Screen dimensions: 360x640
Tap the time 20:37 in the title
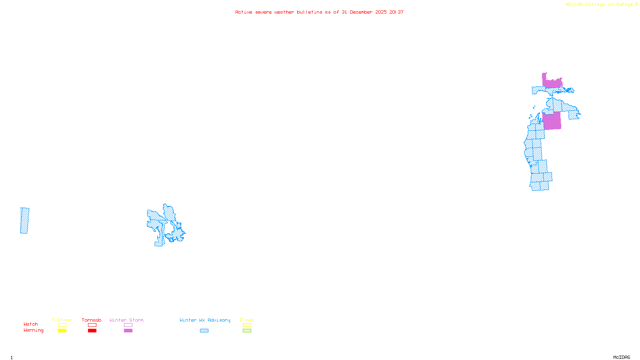396,12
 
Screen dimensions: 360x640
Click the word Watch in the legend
31,324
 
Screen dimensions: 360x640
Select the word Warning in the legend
33,330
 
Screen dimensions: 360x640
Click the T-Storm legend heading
62,320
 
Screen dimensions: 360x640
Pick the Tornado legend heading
92,320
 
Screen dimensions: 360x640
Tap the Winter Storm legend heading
126,320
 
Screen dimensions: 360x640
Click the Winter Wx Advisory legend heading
205,320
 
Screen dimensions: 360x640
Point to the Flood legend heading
247,320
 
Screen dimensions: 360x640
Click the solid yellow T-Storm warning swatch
62,331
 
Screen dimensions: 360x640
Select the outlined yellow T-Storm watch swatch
62,325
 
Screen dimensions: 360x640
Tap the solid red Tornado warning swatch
92,331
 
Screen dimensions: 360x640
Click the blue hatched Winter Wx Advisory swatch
204,331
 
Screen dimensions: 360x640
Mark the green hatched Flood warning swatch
247,331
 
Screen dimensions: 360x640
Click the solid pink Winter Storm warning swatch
128,331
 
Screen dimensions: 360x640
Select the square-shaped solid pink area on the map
552,121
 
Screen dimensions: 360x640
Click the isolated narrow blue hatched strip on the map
24,220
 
